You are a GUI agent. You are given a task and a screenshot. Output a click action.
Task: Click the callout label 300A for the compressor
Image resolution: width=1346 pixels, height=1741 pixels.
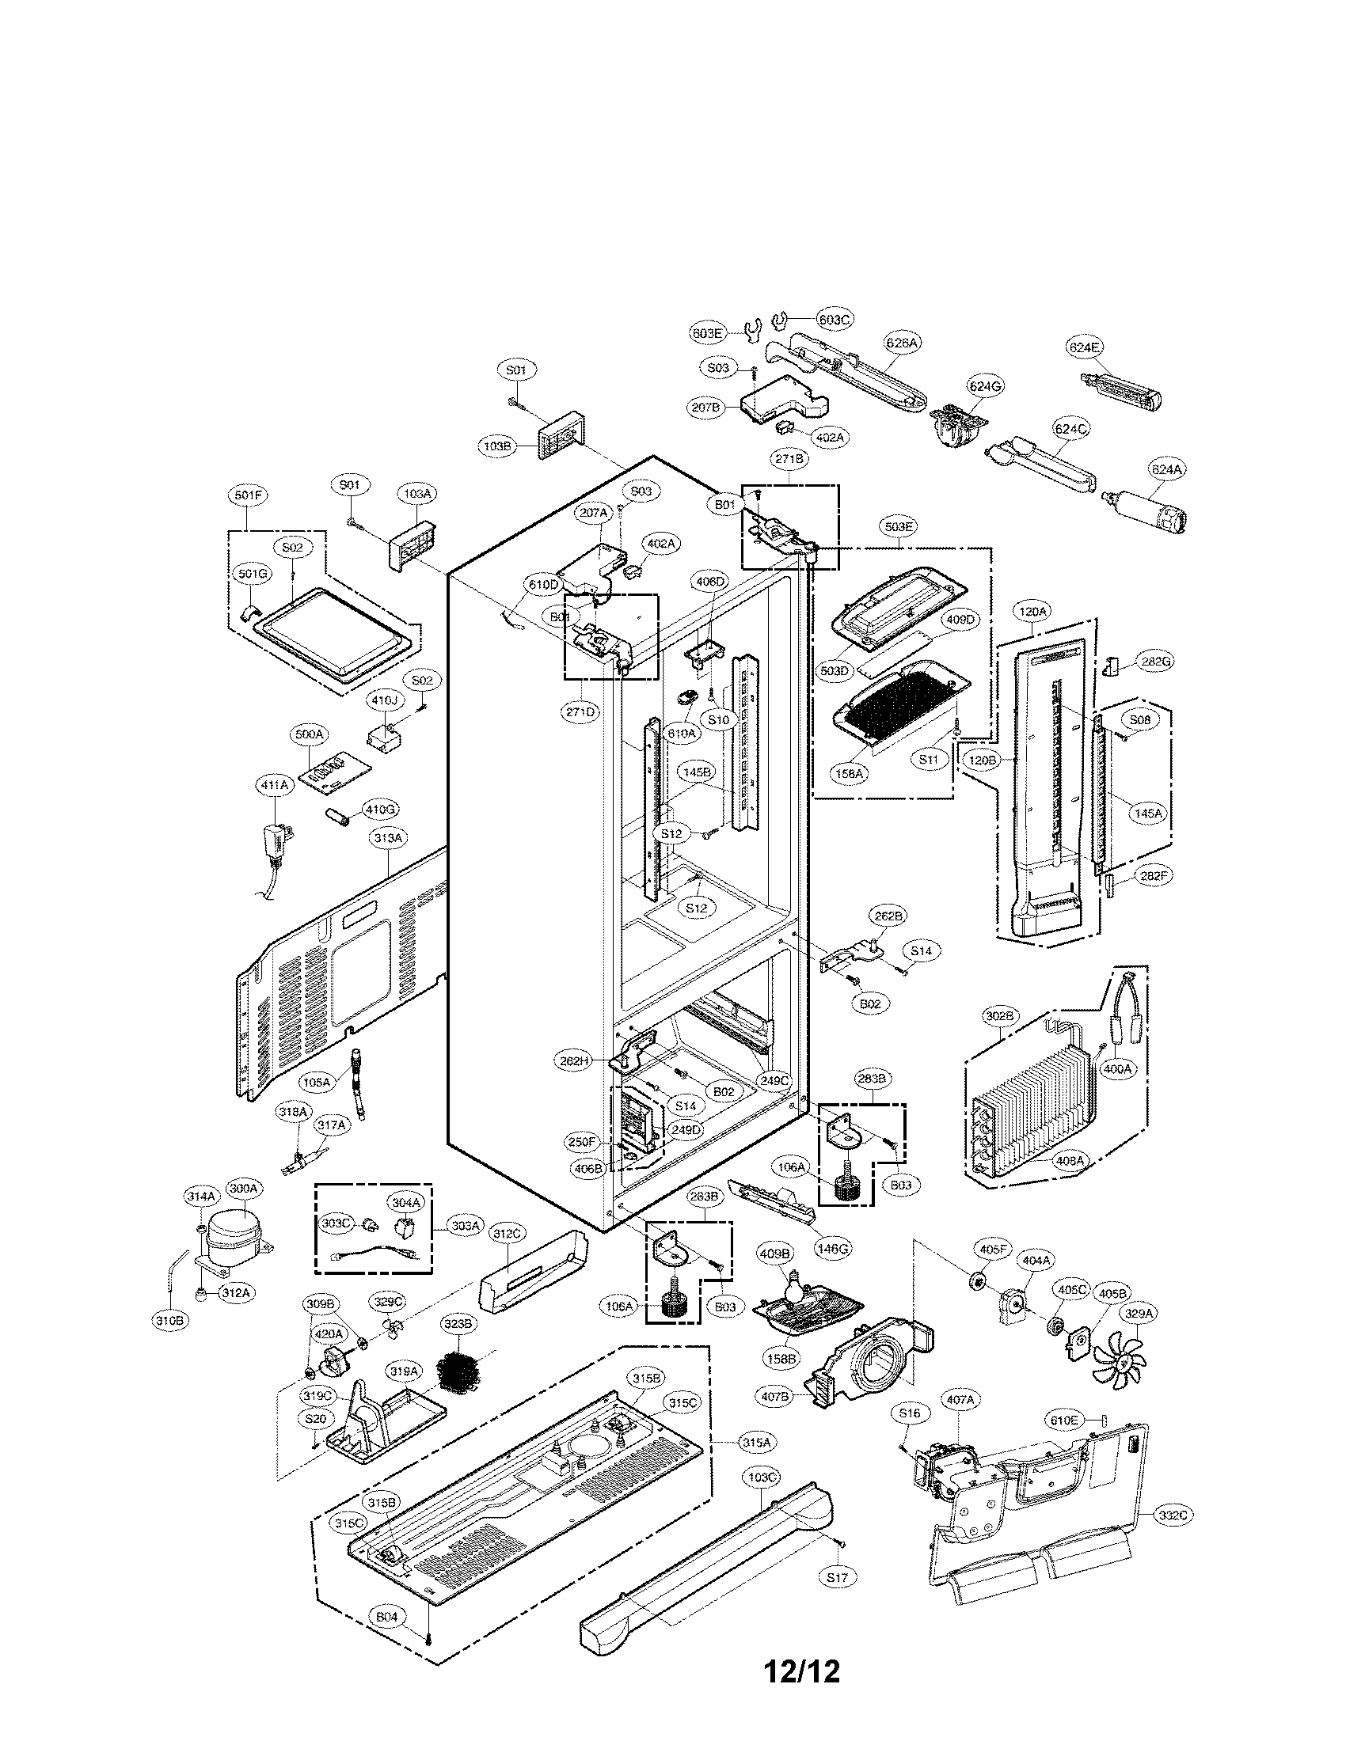pyautogui.click(x=243, y=1210)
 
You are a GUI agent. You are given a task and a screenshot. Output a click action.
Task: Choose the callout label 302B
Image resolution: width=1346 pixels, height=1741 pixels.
pyautogui.click(x=999, y=1016)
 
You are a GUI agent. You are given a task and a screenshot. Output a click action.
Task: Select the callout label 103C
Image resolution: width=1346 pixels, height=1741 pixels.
pyautogui.click(x=762, y=1477)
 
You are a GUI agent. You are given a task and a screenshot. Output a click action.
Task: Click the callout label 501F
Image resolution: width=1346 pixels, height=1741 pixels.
pyautogui.click(x=248, y=495)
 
